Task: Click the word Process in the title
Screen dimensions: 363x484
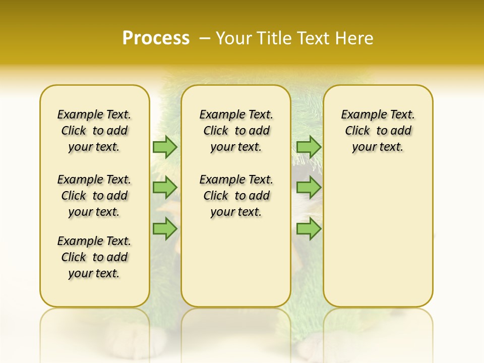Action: tap(156, 38)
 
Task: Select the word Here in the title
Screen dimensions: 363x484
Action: tap(355, 38)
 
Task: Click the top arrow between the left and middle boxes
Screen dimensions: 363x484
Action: tap(165, 147)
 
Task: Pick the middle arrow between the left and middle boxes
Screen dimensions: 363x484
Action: tap(165, 188)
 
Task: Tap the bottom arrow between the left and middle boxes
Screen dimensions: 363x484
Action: tap(165, 228)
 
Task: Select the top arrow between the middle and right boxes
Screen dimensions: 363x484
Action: tap(309, 147)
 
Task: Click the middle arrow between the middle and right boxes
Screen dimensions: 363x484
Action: tap(309, 188)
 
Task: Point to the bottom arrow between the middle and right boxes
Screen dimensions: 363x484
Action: tap(309, 228)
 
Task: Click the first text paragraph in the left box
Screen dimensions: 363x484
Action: tap(94, 131)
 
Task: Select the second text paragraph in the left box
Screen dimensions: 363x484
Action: tap(94, 196)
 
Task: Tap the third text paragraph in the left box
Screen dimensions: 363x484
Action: tap(94, 257)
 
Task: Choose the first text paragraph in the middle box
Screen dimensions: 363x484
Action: tap(236, 131)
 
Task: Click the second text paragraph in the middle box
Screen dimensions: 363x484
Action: tap(236, 196)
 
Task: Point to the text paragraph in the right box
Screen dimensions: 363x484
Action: tap(378, 131)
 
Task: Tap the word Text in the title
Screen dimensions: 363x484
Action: tap(314, 38)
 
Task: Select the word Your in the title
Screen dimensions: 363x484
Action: tap(234, 38)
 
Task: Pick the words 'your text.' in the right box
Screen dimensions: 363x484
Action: tap(378, 147)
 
